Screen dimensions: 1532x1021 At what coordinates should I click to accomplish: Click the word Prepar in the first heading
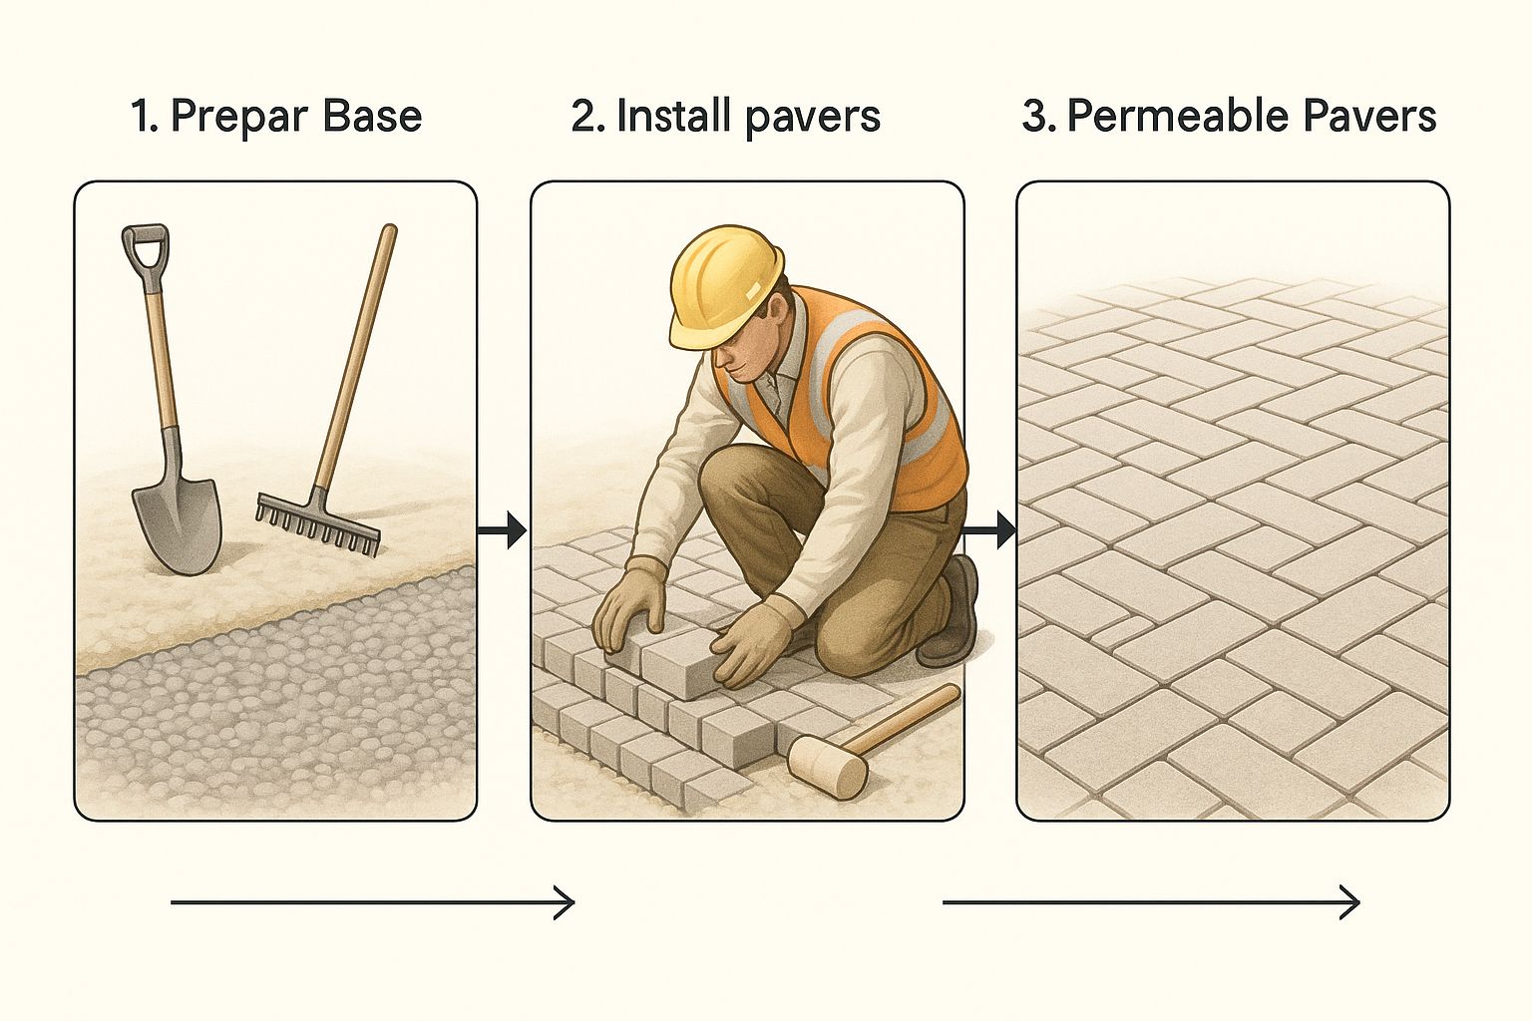(239, 117)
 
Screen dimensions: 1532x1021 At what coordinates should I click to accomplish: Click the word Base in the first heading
(372, 116)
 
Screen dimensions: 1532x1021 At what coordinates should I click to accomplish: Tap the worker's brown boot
(951, 613)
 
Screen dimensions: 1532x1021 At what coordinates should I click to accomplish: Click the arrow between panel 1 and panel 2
(502, 530)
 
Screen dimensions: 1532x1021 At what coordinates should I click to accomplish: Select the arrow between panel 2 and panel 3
(989, 530)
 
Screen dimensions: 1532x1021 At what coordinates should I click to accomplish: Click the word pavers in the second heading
(813, 117)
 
